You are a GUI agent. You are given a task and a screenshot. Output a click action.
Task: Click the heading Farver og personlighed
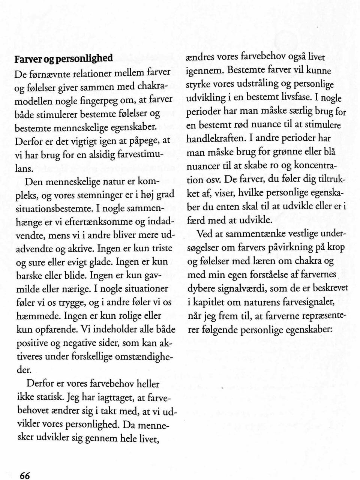(63, 58)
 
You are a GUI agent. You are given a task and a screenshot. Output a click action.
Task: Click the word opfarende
(52, 330)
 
